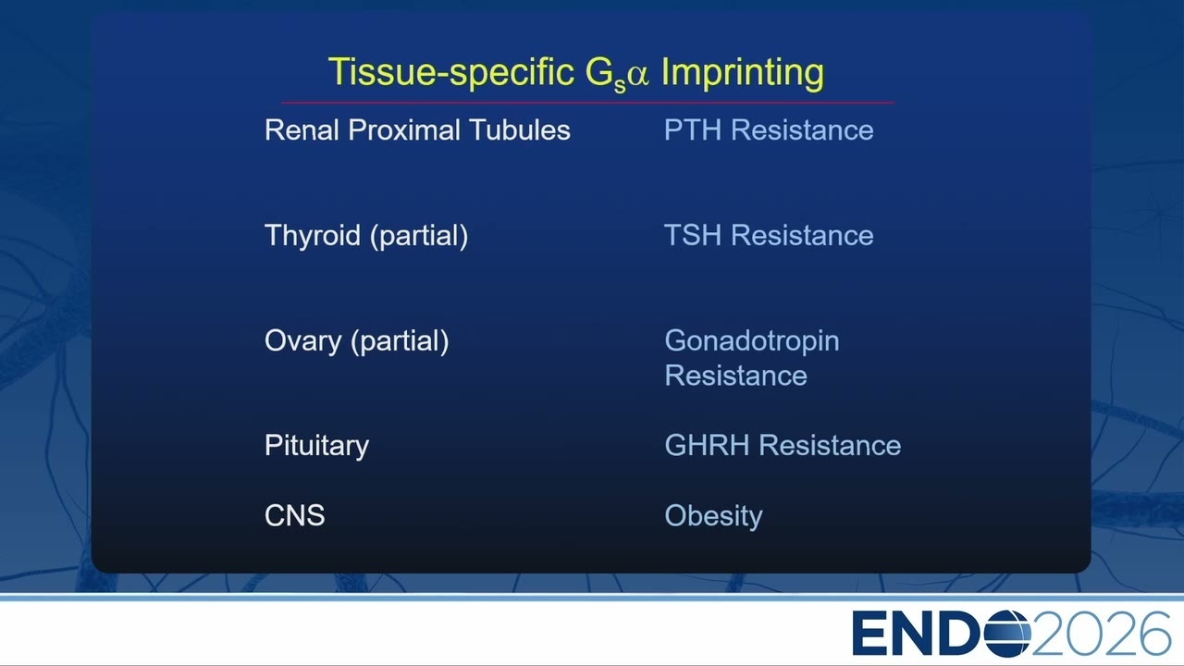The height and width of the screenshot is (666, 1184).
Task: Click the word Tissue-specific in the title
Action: point(450,72)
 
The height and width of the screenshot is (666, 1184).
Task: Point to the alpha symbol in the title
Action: point(638,75)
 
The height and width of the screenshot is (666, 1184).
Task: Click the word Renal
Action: point(302,130)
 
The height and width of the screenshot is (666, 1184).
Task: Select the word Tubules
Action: point(520,130)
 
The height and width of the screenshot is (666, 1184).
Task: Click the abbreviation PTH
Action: point(693,130)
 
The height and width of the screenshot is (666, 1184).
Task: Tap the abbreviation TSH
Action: point(693,235)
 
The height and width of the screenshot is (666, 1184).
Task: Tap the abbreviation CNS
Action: point(294,515)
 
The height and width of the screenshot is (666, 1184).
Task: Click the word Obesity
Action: point(713,516)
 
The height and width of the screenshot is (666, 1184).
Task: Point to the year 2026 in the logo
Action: point(1101,634)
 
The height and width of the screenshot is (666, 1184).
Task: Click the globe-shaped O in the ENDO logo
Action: point(1008,634)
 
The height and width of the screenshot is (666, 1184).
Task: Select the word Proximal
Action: point(404,130)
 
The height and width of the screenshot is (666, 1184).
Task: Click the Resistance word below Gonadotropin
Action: point(735,376)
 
